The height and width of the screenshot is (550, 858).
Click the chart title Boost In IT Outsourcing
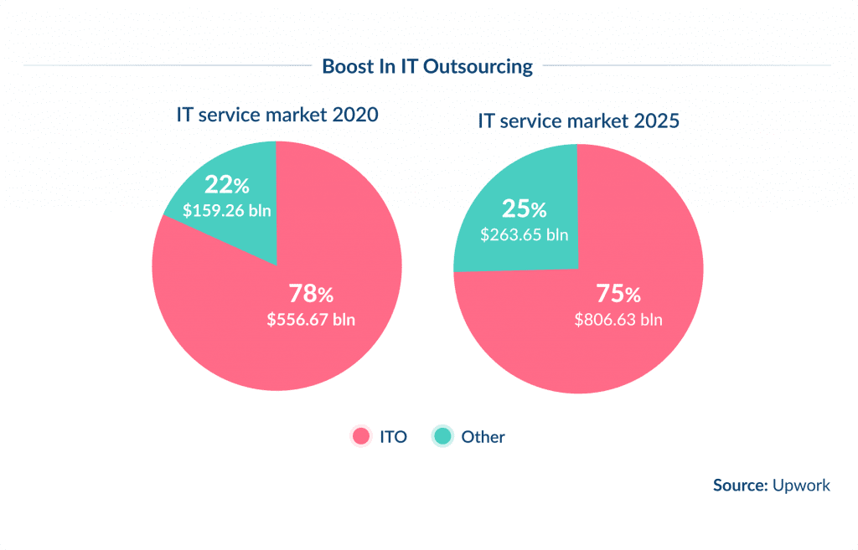pyautogui.click(x=427, y=66)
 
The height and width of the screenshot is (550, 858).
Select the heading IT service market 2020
pyautogui.click(x=277, y=116)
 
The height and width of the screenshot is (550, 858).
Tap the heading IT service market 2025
pyautogui.click(x=578, y=121)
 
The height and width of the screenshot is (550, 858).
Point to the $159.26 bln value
pyautogui.click(x=227, y=210)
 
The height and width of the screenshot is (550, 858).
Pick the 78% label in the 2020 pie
pyautogui.click(x=311, y=294)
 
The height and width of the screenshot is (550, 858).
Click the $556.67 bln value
pyautogui.click(x=311, y=319)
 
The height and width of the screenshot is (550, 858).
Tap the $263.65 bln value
pyautogui.click(x=524, y=234)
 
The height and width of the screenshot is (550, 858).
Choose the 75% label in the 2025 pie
pyautogui.click(x=618, y=294)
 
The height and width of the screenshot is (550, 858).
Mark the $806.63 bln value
pyautogui.click(x=618, y=319)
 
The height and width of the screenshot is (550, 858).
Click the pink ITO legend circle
pyautogui.click(x=361, y=436)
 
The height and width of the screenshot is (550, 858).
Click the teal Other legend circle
pyautogui.click(x=442, y=436)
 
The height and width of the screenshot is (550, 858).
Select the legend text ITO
pyautogui.click(x=393, y=436)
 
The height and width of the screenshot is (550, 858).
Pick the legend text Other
pyautogui.click(x=483, y=436)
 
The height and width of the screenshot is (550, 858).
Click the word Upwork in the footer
pyautogui.click(x=801, y=485)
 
